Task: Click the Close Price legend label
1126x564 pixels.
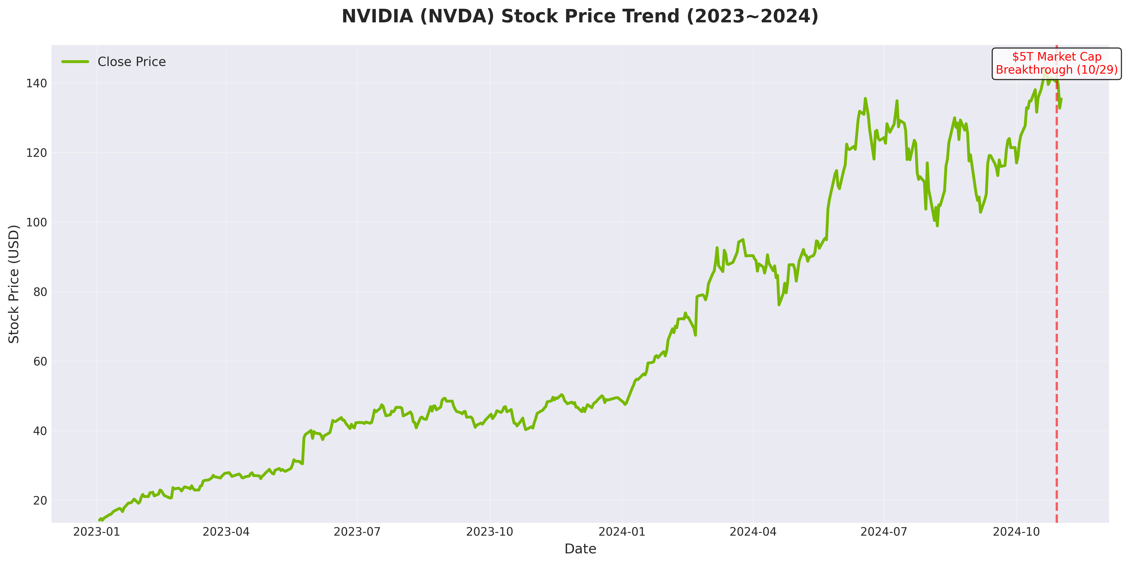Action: tap(132, 62)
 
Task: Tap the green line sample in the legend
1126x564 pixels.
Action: tap(75, 62)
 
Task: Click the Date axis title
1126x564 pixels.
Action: tap(580, 549)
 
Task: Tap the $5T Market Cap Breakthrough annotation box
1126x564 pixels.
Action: tap(1057, 64)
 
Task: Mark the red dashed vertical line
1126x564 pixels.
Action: tap(1057, 306)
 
